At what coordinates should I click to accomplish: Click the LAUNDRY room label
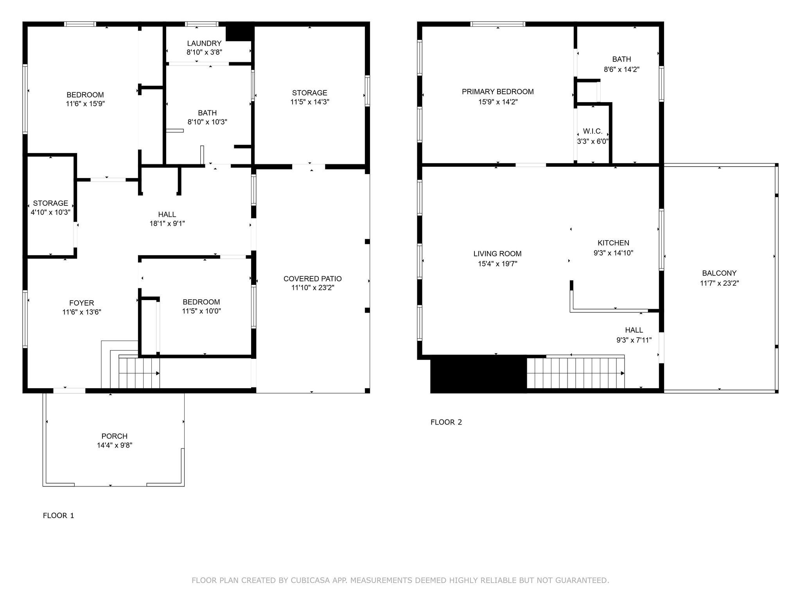pos(204,43)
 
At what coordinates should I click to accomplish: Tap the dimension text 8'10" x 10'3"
pos(207,122)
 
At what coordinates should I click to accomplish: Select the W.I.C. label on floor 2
pos(593,131)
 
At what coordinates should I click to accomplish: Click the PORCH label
pos(114,436)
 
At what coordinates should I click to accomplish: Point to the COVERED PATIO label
pos(312,279)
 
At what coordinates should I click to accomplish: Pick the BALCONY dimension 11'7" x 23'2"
pos(719,283)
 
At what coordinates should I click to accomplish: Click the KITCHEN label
pos(613,243)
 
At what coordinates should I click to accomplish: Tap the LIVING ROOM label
pos(497,254)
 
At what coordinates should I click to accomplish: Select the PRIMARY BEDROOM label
pos(497,92)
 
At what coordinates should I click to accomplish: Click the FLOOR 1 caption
pos(58,516)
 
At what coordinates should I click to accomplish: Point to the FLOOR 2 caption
pos(446,422)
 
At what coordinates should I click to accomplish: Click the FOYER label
pos(82,303)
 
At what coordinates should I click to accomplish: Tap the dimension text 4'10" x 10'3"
pos(50,212)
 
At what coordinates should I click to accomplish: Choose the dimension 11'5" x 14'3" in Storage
pos(310,102)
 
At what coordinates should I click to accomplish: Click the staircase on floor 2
pos(575,372)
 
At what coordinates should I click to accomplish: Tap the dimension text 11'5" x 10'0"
pos(201,311)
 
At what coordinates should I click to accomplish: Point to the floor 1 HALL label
pos(167,214)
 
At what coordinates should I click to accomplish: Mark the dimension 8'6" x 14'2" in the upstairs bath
pos(621,70)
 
